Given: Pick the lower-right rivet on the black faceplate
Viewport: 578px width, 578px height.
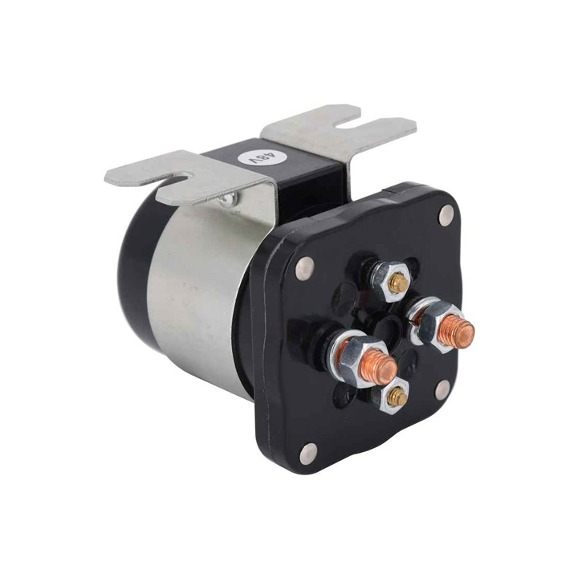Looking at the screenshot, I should click(x=442, y=389).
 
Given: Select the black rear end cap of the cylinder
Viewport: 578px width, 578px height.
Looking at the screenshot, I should click(x=136, y=265).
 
